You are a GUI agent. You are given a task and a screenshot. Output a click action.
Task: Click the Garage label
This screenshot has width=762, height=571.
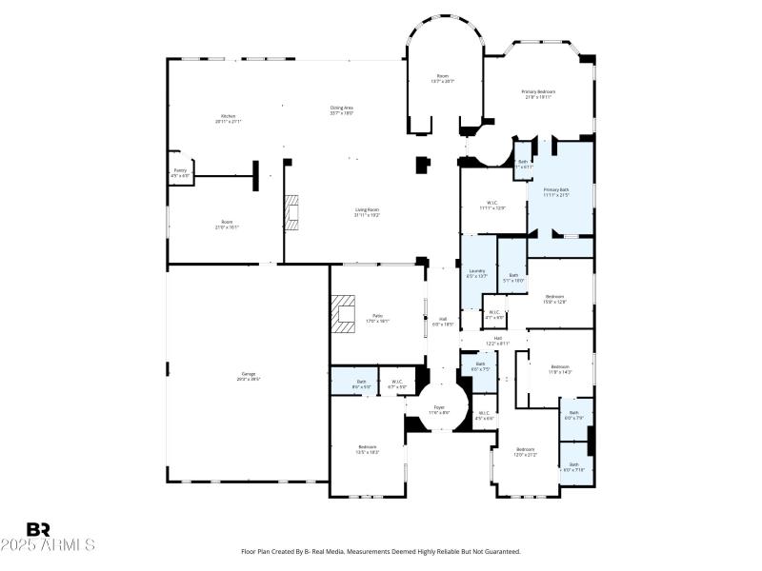pyautogui.click(x=248, y=375)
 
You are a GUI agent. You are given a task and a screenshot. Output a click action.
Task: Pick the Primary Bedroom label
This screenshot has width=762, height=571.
pyautogui.click(x=538, y=93)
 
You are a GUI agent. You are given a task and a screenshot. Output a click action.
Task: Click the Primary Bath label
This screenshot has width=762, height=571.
pyautogui.click(x=556, y=190)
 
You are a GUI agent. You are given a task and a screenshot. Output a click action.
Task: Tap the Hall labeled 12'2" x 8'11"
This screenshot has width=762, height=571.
pyautogui.click(x=497, y=339)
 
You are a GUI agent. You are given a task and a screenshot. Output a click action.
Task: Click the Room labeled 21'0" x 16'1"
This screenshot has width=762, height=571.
pyautogui.click(x=227, y=225)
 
